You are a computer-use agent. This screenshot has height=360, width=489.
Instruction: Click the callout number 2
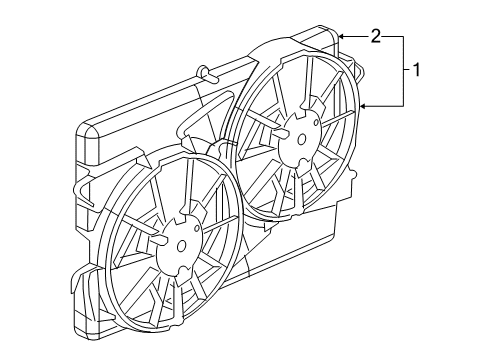pyautogui.click(x=376, y=36)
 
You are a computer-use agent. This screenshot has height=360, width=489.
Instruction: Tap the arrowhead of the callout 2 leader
pyautogui.click(x=342, y=36)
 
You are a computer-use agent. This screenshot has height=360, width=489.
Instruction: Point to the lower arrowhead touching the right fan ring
pyautogui.click(x=363, y=106)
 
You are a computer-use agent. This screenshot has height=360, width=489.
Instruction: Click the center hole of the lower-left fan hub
pyautogui.click(x=181, y=244)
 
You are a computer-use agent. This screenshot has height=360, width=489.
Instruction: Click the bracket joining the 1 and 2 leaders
pyautogui.click(x=403, y=70)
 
